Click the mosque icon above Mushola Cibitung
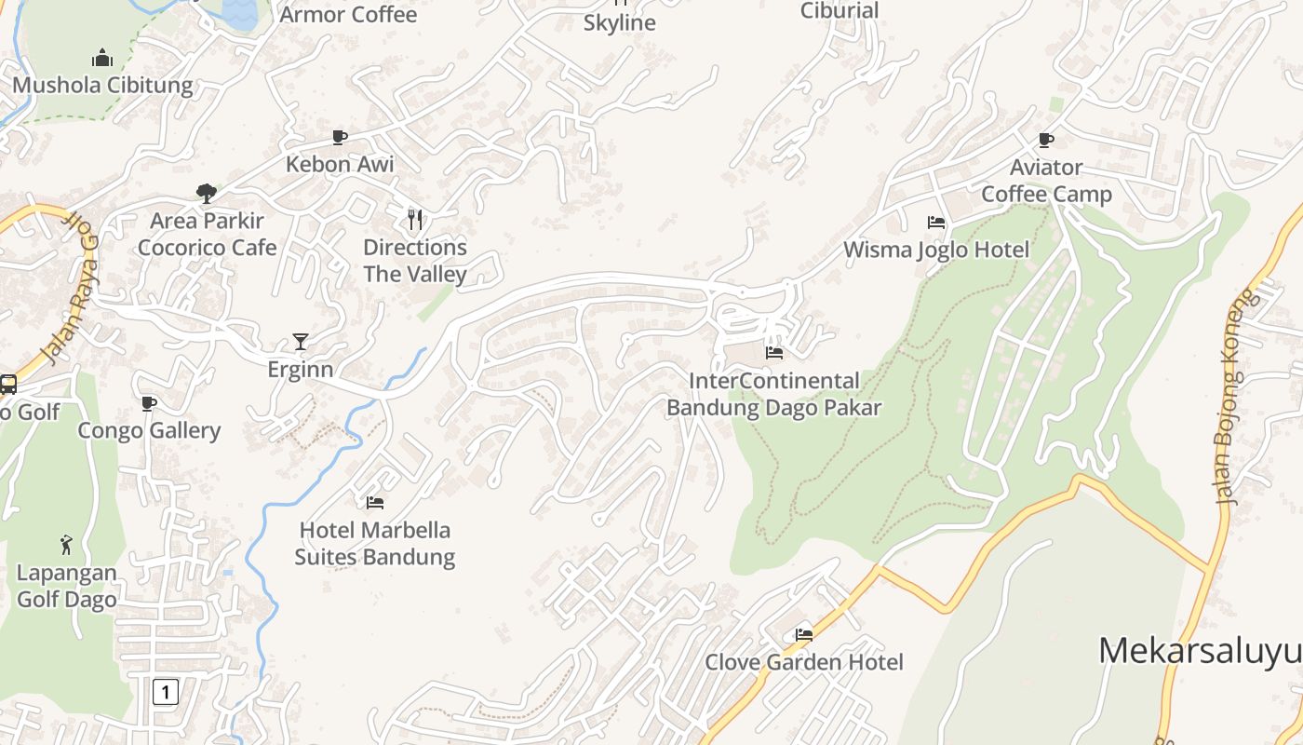(102, 59)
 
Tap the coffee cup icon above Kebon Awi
(340, 138)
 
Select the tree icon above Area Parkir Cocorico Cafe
(207, 194)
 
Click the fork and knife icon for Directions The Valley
(415, 220)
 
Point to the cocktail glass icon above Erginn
(300, 342)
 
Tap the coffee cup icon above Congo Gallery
(148, 403)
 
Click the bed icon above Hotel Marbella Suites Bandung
(375, 503)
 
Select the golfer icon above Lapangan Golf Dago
(66, 545)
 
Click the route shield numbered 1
(165, 692)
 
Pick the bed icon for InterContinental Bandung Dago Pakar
(773, 353)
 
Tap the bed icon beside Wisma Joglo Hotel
(936, 223)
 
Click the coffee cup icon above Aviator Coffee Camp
(1046, 141)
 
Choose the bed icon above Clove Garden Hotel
(804, 635)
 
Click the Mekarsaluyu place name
(1199, 650)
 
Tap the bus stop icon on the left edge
(7, 384)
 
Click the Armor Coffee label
(348, 15)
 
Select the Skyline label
(620, 23)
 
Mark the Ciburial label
(840, 11)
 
